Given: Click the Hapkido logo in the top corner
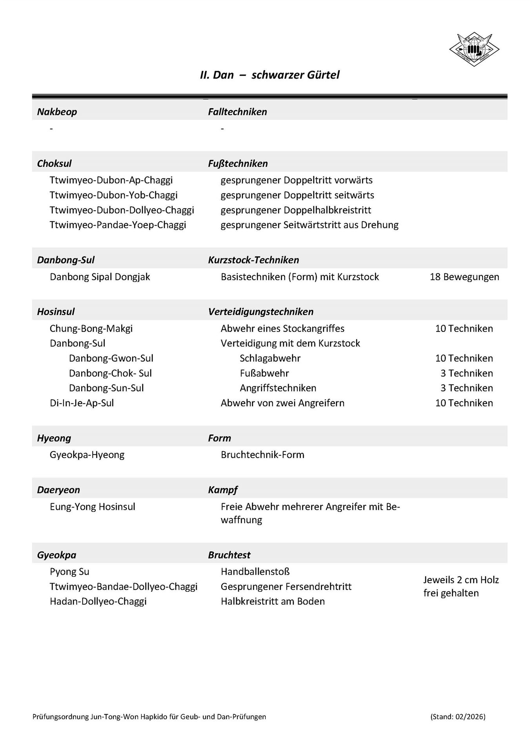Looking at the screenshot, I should coord(474,49).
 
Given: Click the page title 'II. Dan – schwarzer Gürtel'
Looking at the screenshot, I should coord(269,75).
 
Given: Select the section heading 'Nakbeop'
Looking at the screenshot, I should coord(57,112).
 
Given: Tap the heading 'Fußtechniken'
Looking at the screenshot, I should coord(238,164).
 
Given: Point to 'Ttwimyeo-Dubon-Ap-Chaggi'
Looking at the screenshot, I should coord(111,180).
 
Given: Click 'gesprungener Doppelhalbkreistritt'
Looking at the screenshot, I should coord(296,210).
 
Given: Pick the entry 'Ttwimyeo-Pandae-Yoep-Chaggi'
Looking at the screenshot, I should coord(118,225).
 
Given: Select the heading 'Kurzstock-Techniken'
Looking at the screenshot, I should coord(253,260).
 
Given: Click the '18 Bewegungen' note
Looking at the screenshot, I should coord(464,277).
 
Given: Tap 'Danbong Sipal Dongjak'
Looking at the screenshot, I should coord(100,277).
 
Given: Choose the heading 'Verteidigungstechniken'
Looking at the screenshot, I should coord(261,312).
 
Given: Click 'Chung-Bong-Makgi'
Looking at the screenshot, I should coord(91,328).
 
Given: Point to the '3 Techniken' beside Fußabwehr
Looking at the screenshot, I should coord(467,373).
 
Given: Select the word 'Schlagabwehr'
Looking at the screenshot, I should coord(270,358).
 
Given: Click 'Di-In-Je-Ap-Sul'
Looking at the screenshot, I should coord(82,403).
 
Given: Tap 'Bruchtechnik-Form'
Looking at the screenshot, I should coord(262,455).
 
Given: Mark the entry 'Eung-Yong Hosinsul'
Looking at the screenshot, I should coord(92,506).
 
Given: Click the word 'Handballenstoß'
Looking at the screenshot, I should coord(255,571).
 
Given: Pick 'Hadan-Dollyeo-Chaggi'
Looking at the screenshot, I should coord(98,601).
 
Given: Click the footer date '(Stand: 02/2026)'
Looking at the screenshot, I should coord(458,717).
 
